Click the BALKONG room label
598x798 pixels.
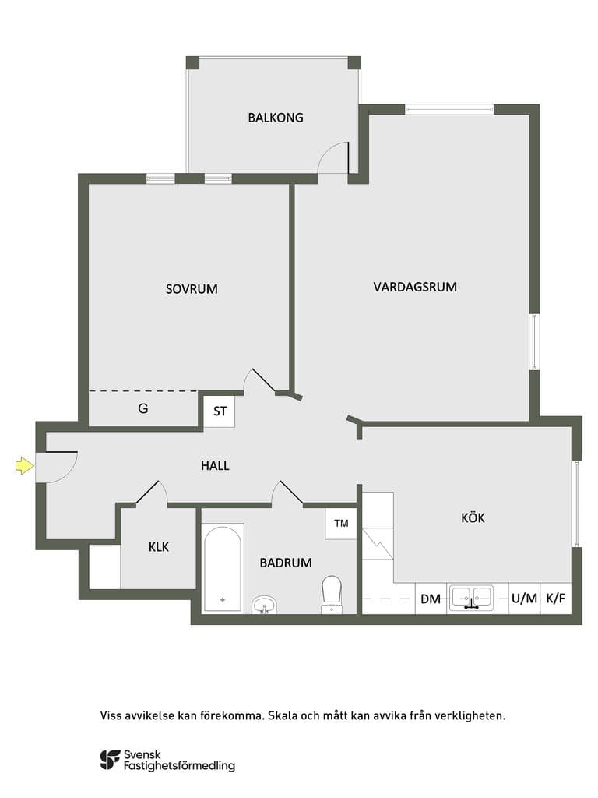276,118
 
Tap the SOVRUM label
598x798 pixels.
192,289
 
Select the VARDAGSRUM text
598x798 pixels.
415,287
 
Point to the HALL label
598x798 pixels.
215,466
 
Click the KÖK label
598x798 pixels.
473,517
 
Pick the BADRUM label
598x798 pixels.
286,563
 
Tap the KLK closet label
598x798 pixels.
159,547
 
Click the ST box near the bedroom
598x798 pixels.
220,411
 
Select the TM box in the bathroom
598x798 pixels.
341,523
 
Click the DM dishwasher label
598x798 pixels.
431,599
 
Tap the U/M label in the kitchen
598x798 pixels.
524,598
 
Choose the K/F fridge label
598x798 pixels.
556,598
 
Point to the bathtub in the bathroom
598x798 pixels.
223,567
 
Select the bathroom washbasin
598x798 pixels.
265,605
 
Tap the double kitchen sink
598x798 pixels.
472,598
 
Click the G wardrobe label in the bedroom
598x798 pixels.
143,408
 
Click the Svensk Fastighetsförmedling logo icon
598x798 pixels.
110,760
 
